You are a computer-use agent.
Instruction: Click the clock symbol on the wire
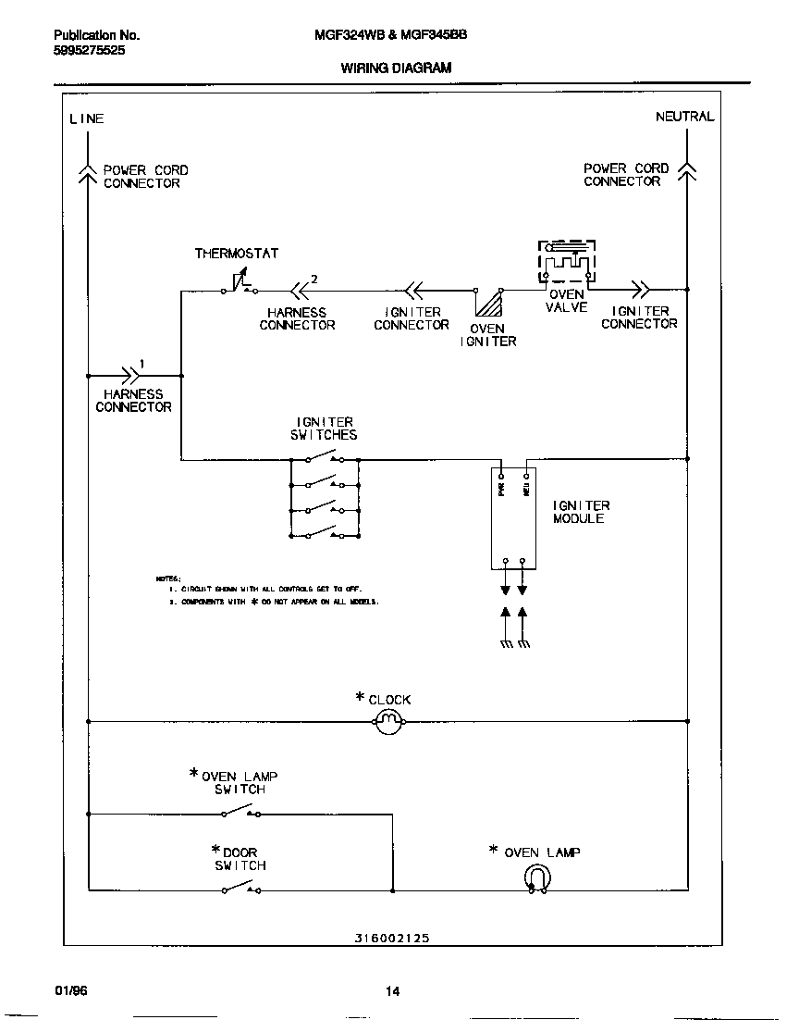point(389,722)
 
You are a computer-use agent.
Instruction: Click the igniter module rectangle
point(514,518)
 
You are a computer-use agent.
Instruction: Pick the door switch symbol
point(240,889)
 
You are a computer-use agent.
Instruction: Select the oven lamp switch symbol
point(240,813)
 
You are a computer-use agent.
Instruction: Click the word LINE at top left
point(87,118)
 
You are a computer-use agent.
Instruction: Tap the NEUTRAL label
point(684,117)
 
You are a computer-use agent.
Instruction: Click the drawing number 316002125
point(391,938)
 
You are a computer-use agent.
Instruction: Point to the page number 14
point(392,992)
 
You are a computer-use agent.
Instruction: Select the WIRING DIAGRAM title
point(396,68)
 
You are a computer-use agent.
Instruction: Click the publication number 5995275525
point(90,51)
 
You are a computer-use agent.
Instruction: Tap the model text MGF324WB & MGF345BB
point(391,34)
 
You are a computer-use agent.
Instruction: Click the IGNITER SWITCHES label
point(324,429)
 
